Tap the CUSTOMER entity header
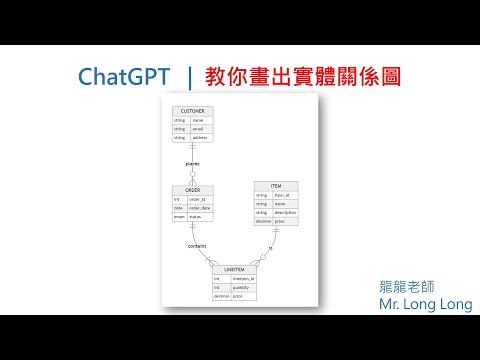tap(193, 110)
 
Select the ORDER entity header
tap(193, 189)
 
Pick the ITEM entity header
tap(275, 185)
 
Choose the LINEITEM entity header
tap(235, 270)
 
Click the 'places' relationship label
tap(193, 162)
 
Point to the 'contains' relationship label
tap(198, 244)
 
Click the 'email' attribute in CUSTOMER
tap(198, 129)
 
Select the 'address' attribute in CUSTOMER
tap(200, 138)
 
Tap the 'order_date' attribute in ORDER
tap(203, 208)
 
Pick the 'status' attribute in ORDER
tap(198, 217)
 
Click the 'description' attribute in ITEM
tap(284, 212)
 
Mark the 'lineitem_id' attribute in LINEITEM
tap(245, 279)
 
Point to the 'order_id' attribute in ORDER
tap(200, 199)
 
